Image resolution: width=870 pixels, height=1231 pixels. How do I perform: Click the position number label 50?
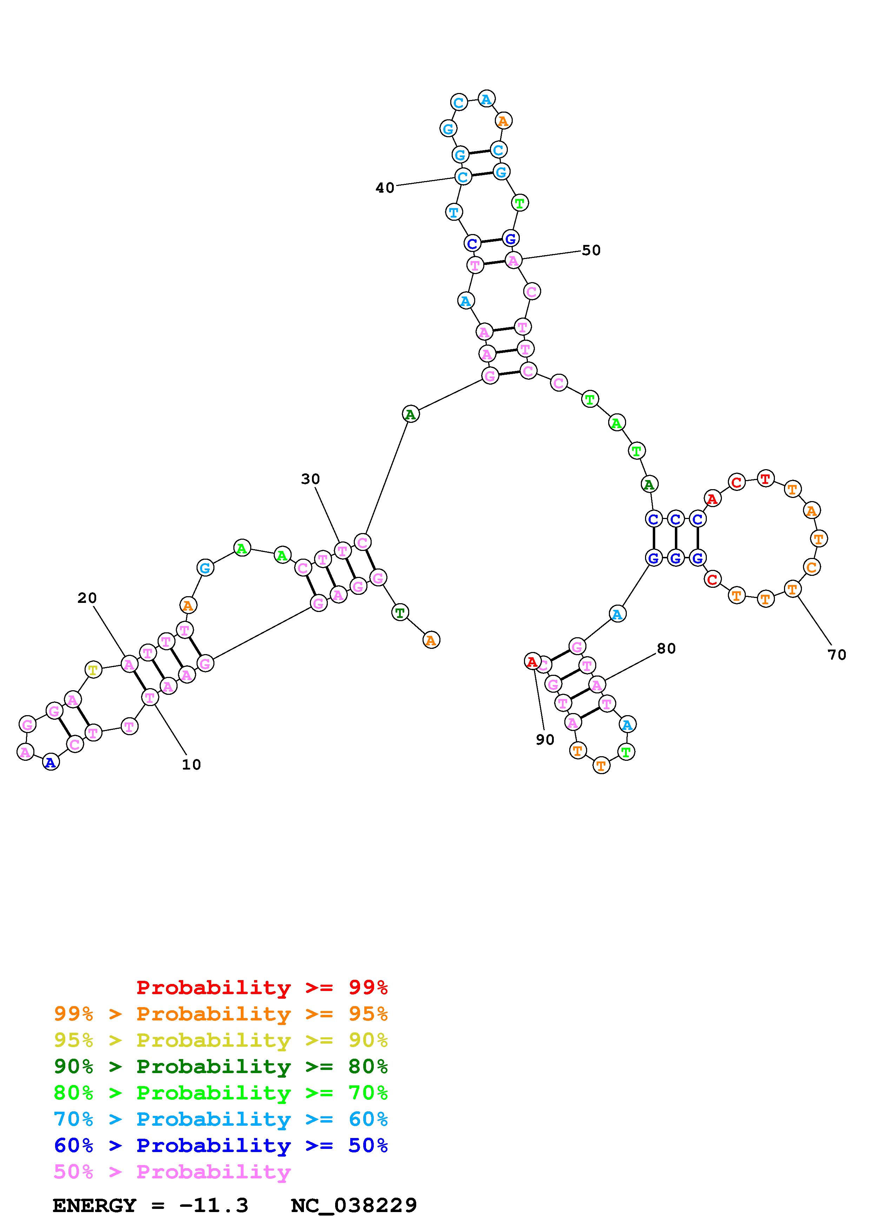pos(591,251)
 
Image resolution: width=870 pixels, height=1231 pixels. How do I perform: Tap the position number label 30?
pos(310,479)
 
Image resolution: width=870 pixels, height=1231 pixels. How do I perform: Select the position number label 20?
pos(87,598)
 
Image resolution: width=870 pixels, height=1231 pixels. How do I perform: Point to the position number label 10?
pos(191,765)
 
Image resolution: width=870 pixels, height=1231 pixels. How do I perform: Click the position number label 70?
pos(837,655)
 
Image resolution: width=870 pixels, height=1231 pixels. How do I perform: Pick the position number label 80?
pos(666,648)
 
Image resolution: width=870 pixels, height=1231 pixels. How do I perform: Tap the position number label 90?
pos(545,740)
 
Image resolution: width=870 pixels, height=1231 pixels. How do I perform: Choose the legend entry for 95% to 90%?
pos(220,1040)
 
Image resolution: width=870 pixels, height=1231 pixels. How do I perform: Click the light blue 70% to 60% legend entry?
pos(220,1119)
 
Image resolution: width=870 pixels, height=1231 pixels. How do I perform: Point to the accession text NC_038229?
pos(354,1206)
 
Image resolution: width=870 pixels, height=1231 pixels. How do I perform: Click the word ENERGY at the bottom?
pos(94,1206)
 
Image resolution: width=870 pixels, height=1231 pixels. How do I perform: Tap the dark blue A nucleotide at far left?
pos(51,763)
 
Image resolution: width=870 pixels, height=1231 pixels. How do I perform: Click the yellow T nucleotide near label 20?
pos(93,670)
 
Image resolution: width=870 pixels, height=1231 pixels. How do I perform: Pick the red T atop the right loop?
pos(765,478)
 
